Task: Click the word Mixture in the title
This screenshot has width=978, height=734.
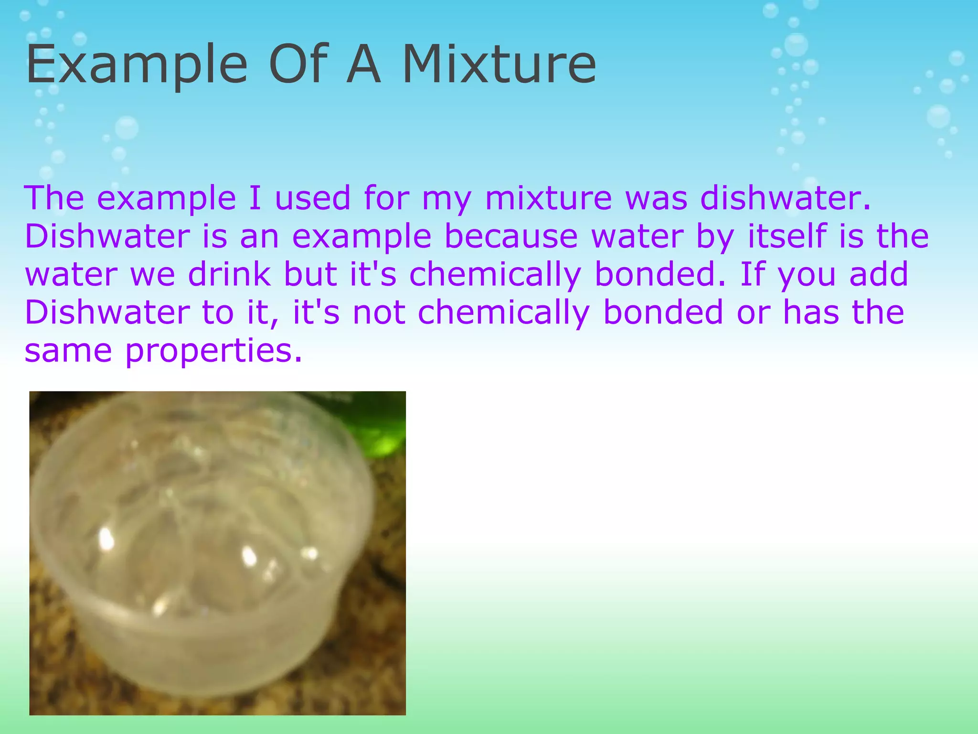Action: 499,65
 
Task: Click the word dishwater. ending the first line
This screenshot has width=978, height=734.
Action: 786,197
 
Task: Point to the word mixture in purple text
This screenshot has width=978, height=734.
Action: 548,197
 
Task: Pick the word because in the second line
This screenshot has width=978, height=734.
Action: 511,236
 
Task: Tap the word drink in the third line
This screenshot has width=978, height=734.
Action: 229,274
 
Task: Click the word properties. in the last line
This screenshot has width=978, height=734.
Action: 213,351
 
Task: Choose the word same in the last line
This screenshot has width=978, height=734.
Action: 68,350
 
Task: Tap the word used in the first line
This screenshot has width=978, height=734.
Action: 313,197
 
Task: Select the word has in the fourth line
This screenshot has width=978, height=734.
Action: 811,312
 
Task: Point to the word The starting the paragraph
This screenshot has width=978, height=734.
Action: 54,197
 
